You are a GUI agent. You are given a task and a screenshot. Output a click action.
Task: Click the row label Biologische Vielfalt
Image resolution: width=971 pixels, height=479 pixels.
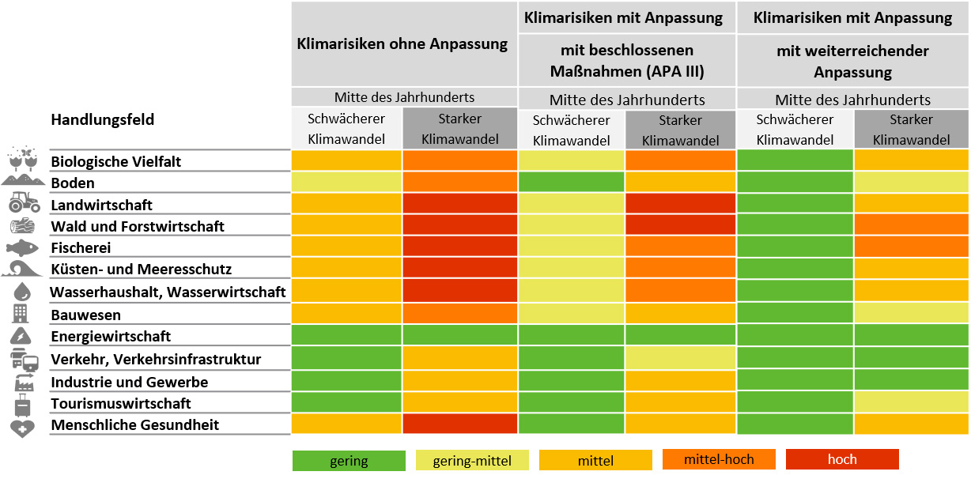click(x=116, y=162)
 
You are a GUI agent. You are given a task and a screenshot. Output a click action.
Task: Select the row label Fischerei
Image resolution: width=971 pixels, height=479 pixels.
click(x=81, y=247)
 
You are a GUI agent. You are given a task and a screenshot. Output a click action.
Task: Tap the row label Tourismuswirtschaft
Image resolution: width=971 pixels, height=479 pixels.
click(x=121, y=403)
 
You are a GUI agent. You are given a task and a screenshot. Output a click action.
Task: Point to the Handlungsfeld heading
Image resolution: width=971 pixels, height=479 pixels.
click(x=103, y=120)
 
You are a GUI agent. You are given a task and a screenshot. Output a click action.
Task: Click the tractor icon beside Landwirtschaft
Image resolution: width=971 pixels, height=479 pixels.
click(x=24, y=203)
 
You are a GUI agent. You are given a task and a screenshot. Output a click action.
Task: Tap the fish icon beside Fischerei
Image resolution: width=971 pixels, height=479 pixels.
click(x=23, y=247)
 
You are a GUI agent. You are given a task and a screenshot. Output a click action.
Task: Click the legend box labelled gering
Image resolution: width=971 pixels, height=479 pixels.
click(x=349, y=461)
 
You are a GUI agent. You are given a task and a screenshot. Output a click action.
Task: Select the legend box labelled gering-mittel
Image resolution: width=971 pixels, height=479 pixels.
click(x=472, y=461)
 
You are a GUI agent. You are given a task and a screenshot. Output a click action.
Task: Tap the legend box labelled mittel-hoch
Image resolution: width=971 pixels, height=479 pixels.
click(x=719, y=460)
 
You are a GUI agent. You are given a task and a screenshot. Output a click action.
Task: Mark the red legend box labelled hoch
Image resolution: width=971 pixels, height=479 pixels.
click(x=842, y=460)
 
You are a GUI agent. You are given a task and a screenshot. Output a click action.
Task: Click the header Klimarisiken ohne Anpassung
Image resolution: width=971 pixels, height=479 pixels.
click(x=402, y=44)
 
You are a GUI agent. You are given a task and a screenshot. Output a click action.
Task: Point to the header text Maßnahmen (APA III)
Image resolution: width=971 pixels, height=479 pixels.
click(x=627, y=72)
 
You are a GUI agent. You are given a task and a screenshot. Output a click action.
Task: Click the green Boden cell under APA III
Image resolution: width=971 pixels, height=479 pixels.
click(x=571, y=182)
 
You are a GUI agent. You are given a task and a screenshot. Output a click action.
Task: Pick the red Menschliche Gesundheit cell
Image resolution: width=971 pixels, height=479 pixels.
click(x=459, y=424)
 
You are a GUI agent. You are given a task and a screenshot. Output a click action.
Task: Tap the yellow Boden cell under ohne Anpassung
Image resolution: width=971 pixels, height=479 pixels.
click(x=346, y=182)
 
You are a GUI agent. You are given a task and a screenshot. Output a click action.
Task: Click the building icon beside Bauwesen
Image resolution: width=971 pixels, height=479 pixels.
click(x=21, y=314)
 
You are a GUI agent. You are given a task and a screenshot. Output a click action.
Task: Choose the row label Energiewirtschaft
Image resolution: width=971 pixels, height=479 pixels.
click(x=111, y=337)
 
